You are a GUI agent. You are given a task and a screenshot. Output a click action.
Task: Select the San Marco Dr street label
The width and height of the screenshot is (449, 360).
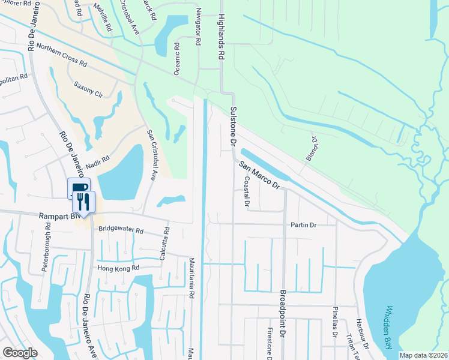(x=259, y=175)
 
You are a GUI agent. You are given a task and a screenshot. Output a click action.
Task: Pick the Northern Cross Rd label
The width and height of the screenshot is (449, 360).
(x=62, y=55)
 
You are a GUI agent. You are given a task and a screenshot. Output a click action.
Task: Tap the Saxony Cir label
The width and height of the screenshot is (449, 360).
(x=88, y=90)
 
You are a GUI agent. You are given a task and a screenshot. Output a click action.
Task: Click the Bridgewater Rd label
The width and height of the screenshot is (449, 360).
(x=122, y=230)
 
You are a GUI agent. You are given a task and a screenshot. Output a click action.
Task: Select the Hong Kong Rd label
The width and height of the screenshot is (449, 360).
(x=119, y=268)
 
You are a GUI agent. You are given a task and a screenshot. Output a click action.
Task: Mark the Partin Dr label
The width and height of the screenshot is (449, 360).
(x=303, y=225)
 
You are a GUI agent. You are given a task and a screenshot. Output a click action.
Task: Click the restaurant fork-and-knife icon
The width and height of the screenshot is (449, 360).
(x=83, y=202)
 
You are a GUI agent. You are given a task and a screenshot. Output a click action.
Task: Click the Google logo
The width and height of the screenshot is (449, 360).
(x=20, y=352)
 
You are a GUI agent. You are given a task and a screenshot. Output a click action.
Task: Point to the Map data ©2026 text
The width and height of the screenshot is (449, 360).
(x=423, y=355)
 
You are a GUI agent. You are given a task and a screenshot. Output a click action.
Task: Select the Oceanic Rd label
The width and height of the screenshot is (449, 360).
(x=177, y=59)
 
